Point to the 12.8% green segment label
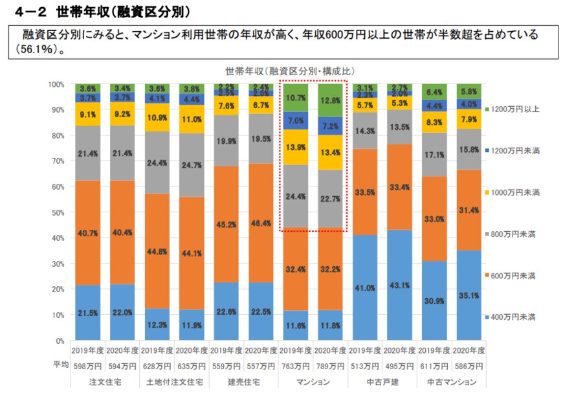(330, 100)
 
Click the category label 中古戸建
(382, 382)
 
